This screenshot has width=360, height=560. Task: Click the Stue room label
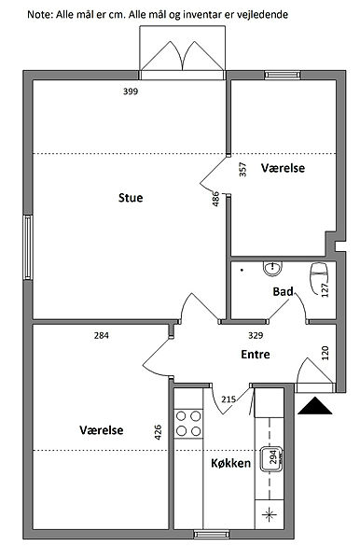coord(131,198)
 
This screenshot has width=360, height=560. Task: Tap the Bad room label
coord(283,291)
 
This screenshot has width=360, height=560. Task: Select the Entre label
coord(256,355)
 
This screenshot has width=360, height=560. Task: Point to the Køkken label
coord(231,463)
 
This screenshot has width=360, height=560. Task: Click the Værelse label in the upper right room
coord(283,168)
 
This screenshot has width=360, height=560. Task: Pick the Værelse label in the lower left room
coord(102,429)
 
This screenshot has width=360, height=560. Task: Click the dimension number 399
coord(131,91)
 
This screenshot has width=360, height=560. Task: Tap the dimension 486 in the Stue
coord(215,199)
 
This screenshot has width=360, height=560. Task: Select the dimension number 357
coord(242,169)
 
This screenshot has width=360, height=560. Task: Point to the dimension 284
coord(102,335)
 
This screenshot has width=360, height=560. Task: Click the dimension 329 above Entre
coord(256,335)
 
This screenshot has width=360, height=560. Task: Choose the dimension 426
coord(158,432)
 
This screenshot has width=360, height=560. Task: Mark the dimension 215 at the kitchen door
coord(228,399)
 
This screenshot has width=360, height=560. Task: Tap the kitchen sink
coord(272,459)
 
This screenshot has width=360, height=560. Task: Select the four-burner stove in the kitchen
coord(188,424)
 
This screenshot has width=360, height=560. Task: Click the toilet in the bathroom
coord(319,278)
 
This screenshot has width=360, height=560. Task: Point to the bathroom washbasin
coord(273,269)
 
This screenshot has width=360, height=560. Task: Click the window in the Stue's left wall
coord(28,247)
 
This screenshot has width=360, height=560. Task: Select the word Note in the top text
coord(39,15)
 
